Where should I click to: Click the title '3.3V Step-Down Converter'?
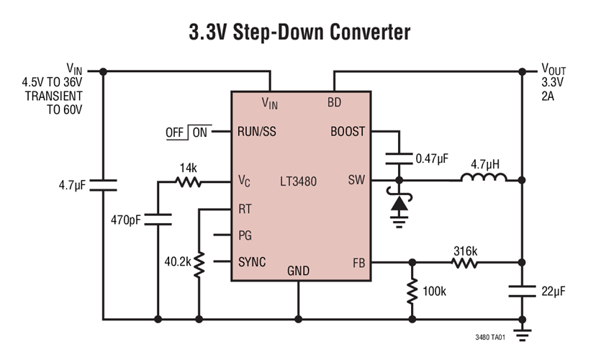pyautogui.click(x=299, y=32)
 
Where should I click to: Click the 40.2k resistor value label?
pyautogui.click(x=178, y=263)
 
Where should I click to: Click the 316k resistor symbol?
pyautogui.click(x=465, y=263)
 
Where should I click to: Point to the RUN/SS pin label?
pyautogui.click(x=257, y=132)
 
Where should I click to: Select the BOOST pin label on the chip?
pyautogui.click(x=348, y=132)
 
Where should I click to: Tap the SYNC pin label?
pyautogui.click(x=252, y=262)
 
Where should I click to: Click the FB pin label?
pyautogui.click(x=358, y=262)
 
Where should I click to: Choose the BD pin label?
pyautogui.click(x=334, y=103)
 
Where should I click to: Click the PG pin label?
pyautogui.click(x=245, y=235)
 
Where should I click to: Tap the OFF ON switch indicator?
pyautogui.click(x=186, y=132)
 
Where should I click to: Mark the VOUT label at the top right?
pyautogui.click(x=553, y=70)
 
